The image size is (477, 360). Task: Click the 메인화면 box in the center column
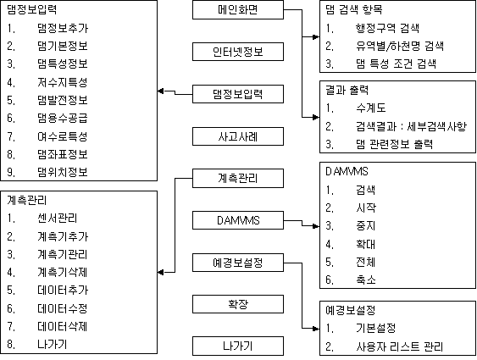[238, 9]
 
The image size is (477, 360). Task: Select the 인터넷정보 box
[238, 52]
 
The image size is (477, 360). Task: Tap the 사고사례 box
[238, 136]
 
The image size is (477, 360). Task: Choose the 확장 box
[238, 304]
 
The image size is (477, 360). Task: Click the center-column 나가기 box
[238, 346]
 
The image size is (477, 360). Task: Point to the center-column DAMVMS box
[238, 220]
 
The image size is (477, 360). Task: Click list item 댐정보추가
[63, 28]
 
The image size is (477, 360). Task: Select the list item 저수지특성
[63, 82]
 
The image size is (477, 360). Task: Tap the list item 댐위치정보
[63, 172]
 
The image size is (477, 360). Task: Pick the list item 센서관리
[58, 218]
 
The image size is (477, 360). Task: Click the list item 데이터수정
[63, 308]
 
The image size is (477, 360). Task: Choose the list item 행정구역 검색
[387, 28]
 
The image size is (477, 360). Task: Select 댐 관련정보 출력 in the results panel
[394, 144]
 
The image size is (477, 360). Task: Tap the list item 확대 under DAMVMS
[366, 244]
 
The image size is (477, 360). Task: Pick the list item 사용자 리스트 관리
[399, 346]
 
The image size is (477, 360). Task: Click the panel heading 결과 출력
[347, 90]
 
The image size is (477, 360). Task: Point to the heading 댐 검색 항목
[354, 9]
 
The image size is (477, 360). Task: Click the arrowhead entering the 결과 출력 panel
[316, 117]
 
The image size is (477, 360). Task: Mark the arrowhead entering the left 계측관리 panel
[161, 273]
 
